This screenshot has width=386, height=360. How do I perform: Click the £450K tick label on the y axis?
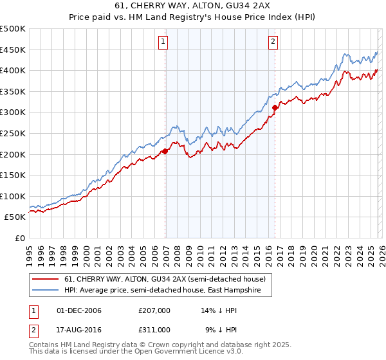[x=13, y=50]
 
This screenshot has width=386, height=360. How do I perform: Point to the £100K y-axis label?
[x=13, y=196]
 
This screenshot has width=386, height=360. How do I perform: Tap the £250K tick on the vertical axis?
[x=13, y=133]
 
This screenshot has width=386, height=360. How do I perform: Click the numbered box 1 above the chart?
[x=163, y=42]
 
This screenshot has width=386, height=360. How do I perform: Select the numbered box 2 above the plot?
[x=273, y=42]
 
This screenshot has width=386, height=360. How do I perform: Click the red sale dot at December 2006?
[x=165, y=151]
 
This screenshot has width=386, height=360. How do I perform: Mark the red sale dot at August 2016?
[x=275, y=108]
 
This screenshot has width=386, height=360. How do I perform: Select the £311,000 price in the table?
[x=154, y=329]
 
